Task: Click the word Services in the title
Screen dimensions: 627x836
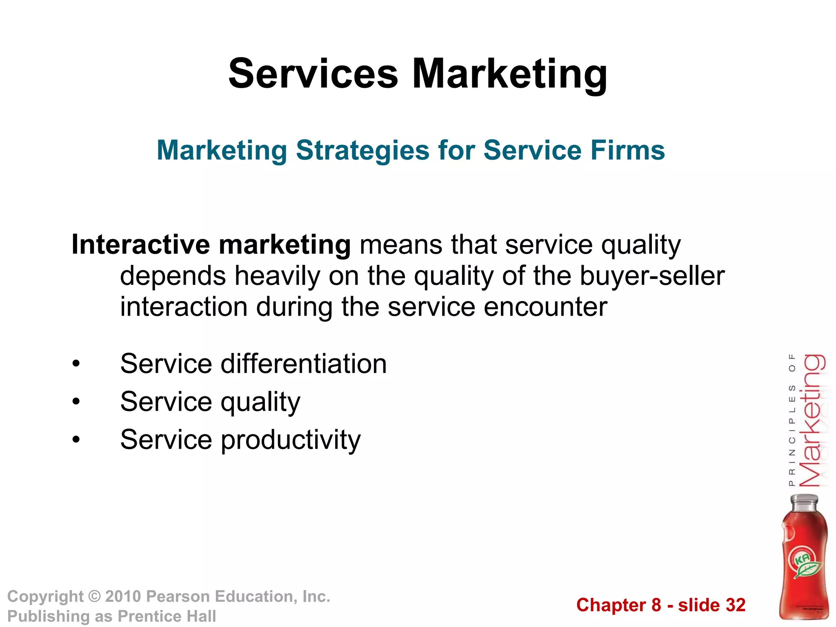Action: (313, 73)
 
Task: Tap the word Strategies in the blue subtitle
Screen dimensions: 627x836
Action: (362, 151)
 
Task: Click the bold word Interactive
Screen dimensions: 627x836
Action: (141, 245)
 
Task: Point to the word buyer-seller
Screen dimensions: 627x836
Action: (652, 276)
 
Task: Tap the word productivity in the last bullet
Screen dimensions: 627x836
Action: (291, 440)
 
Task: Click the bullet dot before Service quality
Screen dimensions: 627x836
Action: (76, 402)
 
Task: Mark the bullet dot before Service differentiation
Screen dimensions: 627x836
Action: (76, 364)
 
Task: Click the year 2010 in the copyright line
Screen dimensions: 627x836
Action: (123, 596)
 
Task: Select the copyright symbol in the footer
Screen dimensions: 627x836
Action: (94, 596)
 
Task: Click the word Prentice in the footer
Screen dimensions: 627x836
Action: (149, 616)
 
